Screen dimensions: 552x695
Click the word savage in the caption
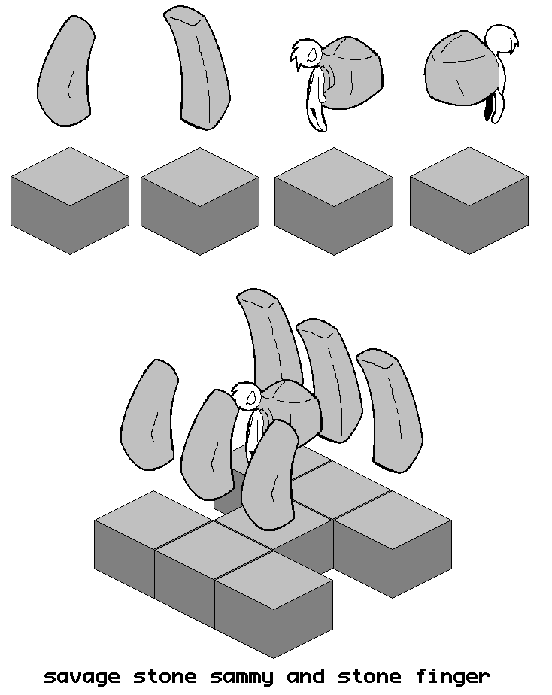82,678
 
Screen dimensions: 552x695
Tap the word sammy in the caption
241,678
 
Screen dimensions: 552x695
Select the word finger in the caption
453,677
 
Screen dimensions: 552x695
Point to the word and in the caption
305,676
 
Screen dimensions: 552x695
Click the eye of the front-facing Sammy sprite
313,54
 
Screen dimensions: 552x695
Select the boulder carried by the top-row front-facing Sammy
352,73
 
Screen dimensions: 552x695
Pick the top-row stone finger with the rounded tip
66,71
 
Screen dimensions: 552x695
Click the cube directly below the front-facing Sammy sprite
334,201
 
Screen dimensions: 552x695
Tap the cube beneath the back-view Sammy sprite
469,200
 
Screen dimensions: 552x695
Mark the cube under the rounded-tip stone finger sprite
70,200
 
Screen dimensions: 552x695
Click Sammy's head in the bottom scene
247,396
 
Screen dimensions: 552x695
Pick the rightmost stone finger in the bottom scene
389,410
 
